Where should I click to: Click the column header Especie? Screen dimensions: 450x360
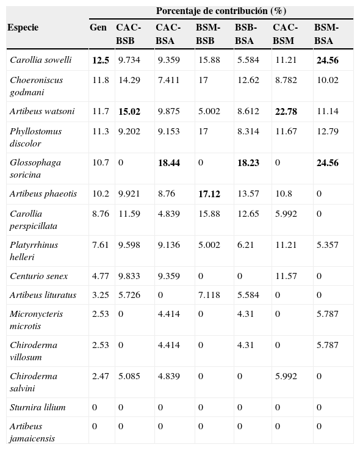pos(23,27)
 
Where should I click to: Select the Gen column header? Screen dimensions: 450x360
pos(98,27)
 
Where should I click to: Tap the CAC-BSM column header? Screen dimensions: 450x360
pos(285,34)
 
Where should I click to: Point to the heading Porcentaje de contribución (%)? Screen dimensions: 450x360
pos(221,11)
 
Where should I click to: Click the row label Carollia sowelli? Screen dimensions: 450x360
pos(40,60)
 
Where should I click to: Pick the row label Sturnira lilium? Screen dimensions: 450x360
pos(38,407)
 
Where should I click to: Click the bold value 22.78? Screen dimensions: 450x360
pos(285,111)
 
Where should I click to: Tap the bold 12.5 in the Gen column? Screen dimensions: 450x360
pos(101,60)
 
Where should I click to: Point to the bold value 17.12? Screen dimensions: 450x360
pos(209,194)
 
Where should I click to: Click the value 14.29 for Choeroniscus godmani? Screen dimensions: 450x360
pos(129,80)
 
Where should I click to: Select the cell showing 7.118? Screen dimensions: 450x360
pos(209,295)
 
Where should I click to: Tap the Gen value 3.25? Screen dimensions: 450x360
pos(101,295)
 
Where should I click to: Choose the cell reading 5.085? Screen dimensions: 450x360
pos(129,377)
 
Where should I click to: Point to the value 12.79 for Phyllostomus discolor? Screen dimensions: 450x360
pos(327,131)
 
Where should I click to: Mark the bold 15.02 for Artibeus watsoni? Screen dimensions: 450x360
pos(129,111)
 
